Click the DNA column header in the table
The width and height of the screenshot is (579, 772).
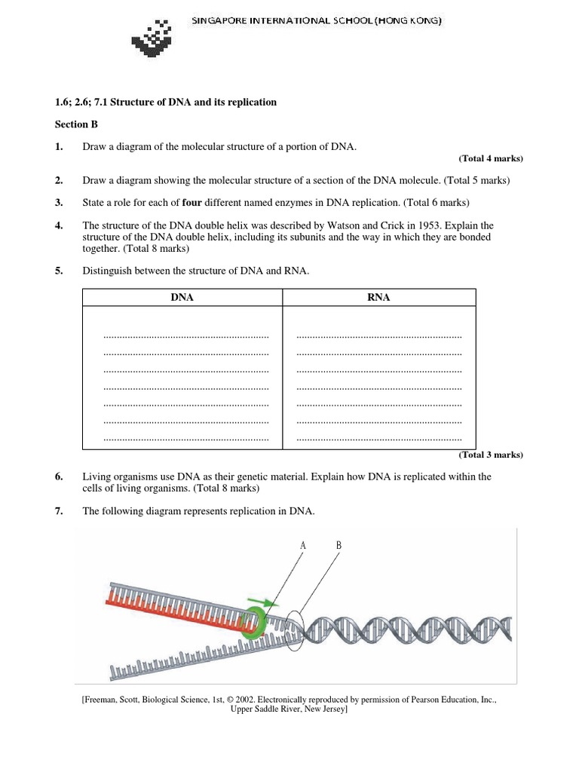182,298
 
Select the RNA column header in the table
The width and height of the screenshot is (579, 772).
378,298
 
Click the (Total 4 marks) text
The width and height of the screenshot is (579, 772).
490,158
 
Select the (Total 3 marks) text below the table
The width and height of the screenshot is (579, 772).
490,455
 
